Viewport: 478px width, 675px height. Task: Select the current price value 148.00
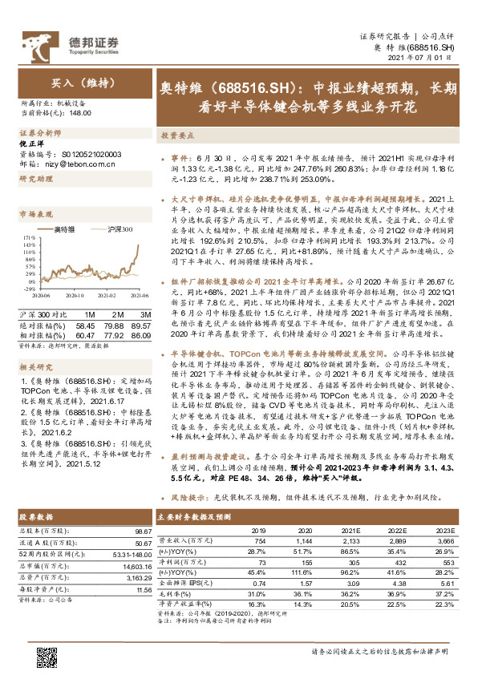[81, 114]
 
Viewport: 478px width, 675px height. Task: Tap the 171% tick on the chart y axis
[26, 238]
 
